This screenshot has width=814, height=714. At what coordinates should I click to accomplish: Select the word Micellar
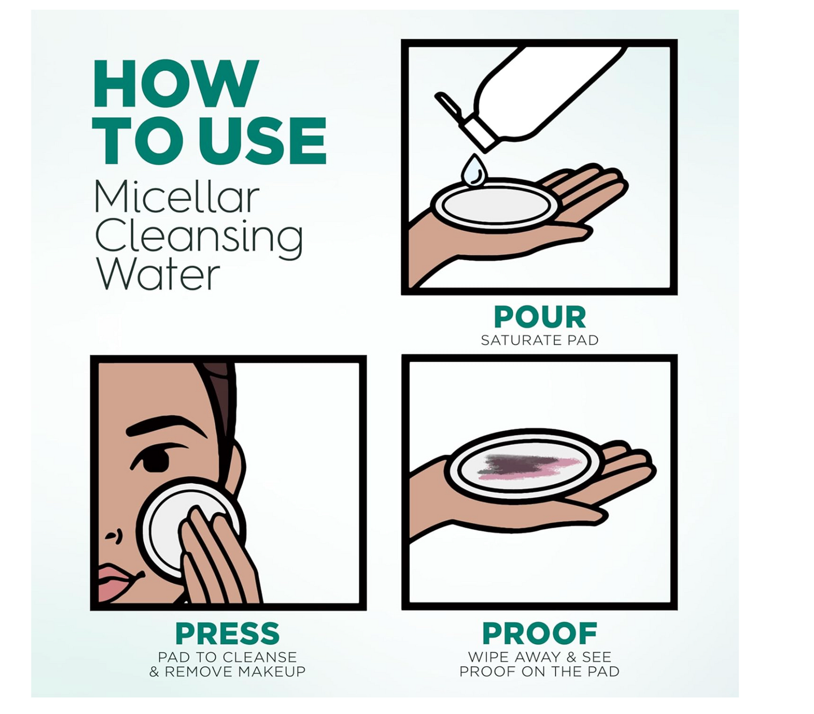tap(177, 198)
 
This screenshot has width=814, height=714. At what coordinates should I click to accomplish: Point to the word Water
tap(158, 274)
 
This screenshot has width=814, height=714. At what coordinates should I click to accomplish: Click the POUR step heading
tap(540, 316)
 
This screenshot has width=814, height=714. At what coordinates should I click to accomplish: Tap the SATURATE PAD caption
tap(540, 340)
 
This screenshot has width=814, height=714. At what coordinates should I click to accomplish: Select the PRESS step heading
tap(228, 633)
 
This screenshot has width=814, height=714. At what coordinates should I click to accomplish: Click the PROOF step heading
tap(540, 633)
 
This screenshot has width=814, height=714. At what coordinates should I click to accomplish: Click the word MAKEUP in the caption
tap(272, 671)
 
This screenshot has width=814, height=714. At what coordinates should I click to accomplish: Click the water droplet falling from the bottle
tap(474, 171)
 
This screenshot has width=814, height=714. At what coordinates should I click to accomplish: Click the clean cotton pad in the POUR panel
tap(495, 206)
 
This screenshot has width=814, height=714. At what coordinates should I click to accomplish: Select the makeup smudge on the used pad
tap(527, 466)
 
